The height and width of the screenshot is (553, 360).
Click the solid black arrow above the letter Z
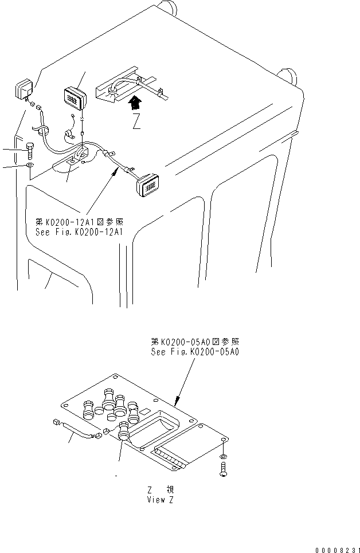[135, 104]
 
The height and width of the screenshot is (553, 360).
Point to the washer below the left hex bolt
[29, 167]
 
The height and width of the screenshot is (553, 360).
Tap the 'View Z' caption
[160, 499]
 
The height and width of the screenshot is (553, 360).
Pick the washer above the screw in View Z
[224, 456]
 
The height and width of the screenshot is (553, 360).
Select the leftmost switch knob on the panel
[88, 410]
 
